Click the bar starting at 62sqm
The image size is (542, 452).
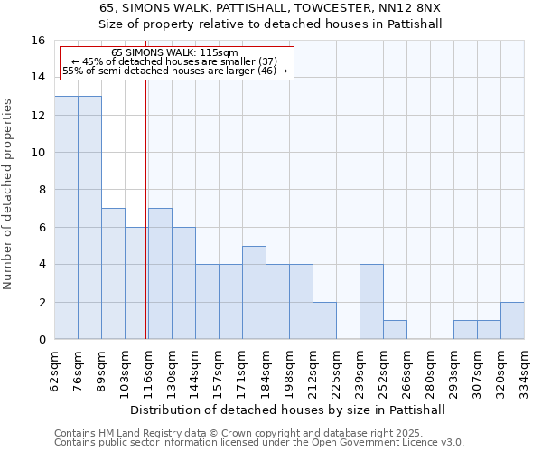pyautogui.click(x=66, y=218)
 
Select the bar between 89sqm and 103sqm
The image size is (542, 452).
pyautogui.click(x=113, y=274)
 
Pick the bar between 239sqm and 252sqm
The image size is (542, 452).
pyautogui.click(x=371, y=302)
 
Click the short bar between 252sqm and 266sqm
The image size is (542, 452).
pyautogui.click(x=395, y=330)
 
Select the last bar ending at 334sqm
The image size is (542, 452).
pyautogui.click(x=512, y=321)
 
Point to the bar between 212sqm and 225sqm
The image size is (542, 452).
pyautogui.click(x=324, y=321)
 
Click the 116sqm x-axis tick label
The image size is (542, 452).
pyautogui.click(x=148, y=371)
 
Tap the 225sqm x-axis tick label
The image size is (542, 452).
pyautogui.click(x=336, y=371)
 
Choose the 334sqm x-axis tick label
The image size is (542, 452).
pyautogui.click(x=524, y=371)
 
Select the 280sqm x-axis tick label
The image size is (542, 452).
pyautogui.click(x=430, y=371)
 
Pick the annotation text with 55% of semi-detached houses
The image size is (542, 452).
pyautogui.click(x=175, y=71)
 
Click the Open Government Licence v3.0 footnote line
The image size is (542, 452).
pyautogui.click(x=259, y=443)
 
